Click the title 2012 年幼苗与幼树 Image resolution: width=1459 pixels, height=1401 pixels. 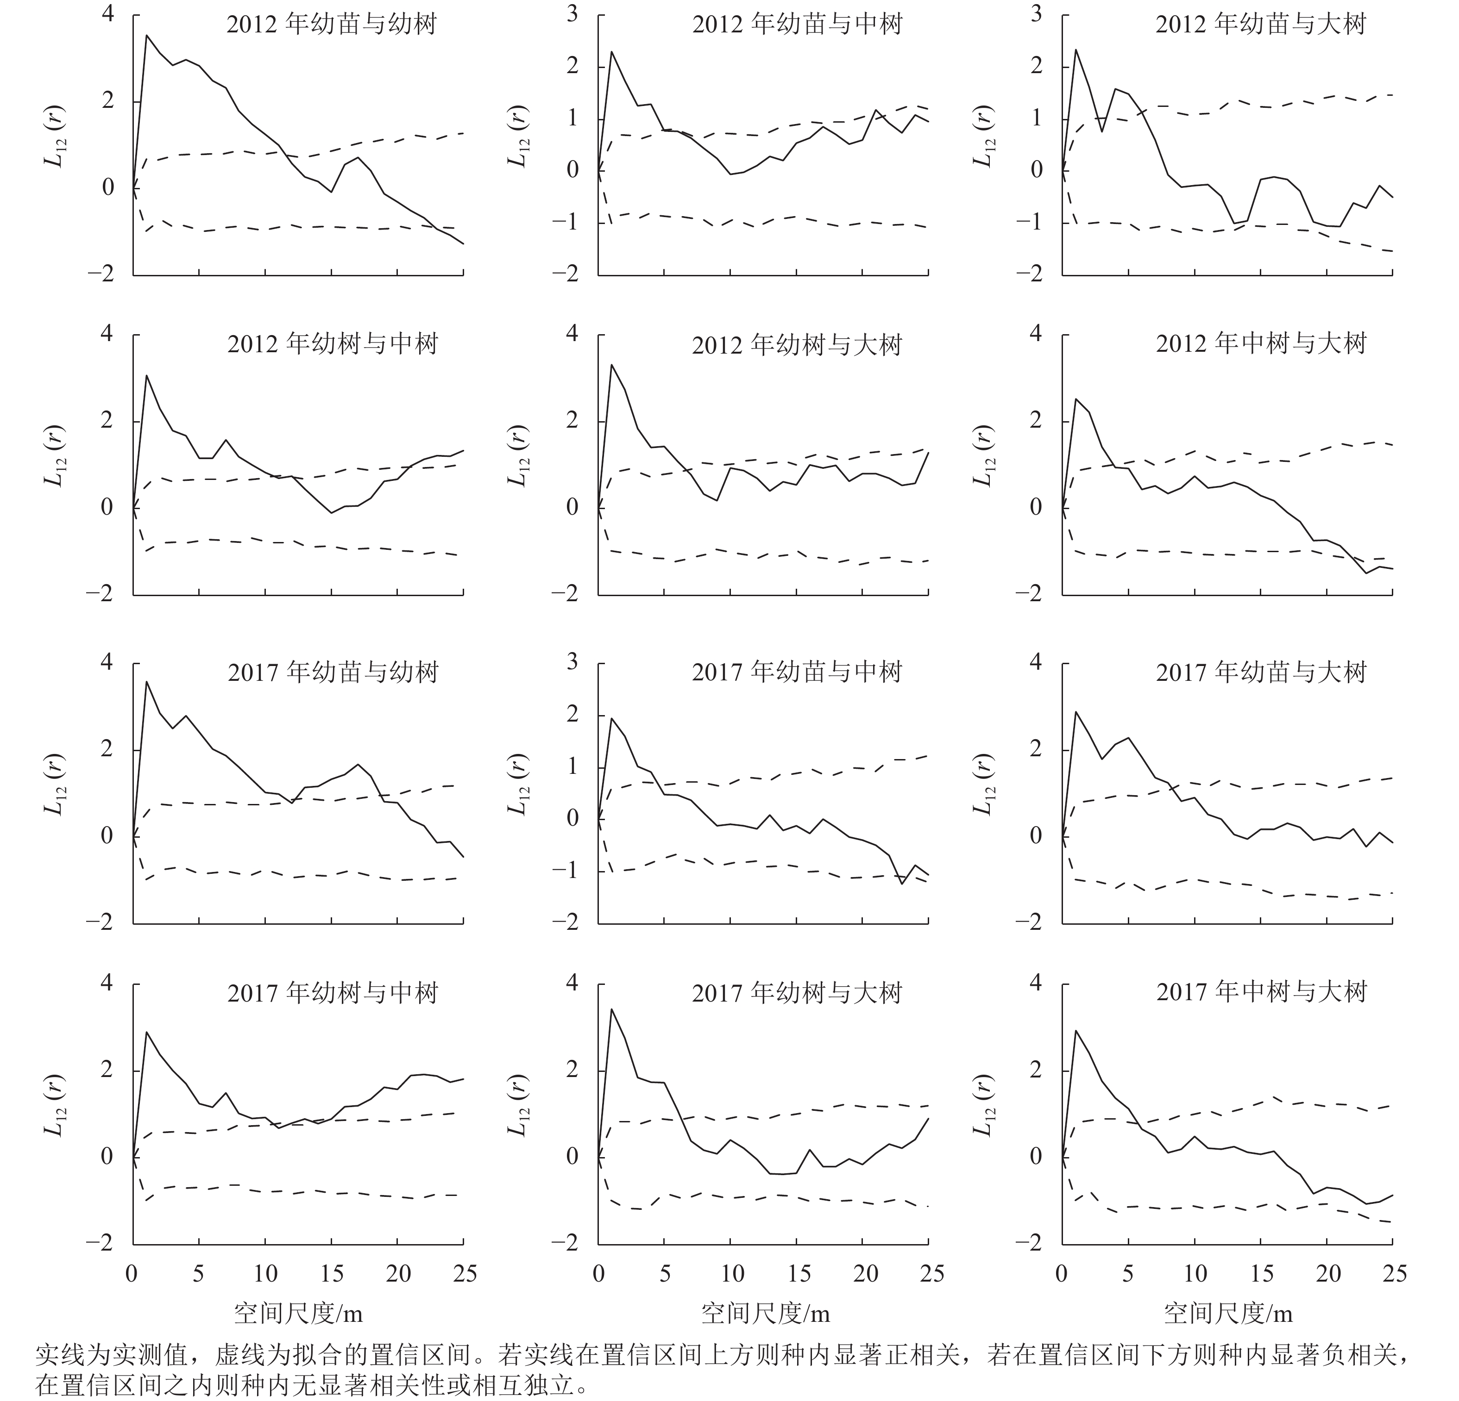(x=332, y=25)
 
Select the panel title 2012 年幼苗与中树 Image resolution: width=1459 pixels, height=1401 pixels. (x=797, y=25)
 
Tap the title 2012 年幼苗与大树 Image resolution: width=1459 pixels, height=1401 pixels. (x=1260, y=25)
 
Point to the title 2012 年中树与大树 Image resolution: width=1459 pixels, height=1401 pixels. (x=1261, y=344)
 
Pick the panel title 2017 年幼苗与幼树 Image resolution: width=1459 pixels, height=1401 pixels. (x=333, y=672)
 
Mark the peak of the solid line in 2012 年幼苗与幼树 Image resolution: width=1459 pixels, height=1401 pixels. (x=147, y=35)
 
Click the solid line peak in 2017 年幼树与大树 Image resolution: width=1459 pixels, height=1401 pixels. (x=611, y=1009)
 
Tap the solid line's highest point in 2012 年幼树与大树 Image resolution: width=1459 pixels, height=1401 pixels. (x=611, y=365)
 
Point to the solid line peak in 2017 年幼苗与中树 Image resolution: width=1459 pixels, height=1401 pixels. (x=611, y=718)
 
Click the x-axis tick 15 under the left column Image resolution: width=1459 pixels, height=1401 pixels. (x=332, y=1274)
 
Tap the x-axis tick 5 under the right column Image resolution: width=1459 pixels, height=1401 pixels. (x=1128, y=1274)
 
